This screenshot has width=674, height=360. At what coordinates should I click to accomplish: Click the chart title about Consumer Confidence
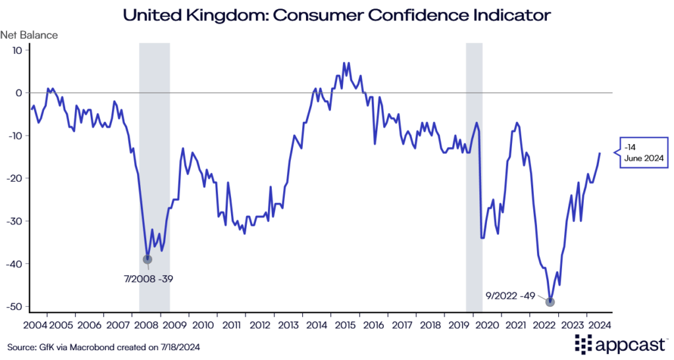[x=337, y=14]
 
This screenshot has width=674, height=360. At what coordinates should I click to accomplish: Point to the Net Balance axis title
[x=29, y=35]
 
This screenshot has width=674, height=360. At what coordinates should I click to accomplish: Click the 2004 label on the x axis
[x=35, y=324]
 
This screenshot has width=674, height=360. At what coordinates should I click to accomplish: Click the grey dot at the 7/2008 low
[x=147, y=259]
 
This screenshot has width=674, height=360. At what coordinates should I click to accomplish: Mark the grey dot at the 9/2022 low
[x=550, y=302]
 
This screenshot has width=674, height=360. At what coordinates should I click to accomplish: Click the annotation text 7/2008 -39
[x=148, y=279]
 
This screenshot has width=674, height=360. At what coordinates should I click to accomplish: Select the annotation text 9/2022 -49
[x=509, y=296]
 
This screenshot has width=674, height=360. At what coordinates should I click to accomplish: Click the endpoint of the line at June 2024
[x=600, y=153]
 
